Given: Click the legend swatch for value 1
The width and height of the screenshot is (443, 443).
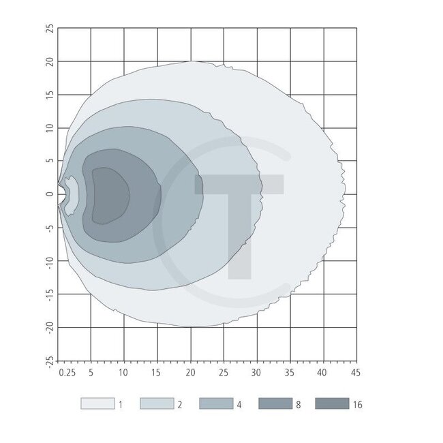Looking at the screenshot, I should [x=97, y=403].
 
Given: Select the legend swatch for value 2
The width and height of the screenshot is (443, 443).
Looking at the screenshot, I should [x=156, y=403].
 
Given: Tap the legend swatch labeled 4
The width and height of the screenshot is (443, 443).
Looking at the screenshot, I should [x=215, y=403].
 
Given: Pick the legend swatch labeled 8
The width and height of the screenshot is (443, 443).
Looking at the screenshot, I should [x=275, y=403].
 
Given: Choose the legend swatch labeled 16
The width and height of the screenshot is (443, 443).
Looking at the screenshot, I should [x=333, y=403].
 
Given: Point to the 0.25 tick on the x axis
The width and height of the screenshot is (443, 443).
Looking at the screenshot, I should [x=66, y=373].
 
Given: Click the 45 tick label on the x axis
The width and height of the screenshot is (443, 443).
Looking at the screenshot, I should [x=354, y=373].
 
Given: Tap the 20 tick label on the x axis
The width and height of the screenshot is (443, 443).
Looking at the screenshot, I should [x=190, y=373].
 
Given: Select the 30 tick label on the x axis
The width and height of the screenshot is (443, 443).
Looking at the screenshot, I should [x=256, y=373].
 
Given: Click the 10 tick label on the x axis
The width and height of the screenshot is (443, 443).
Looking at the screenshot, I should [x=123, y=373].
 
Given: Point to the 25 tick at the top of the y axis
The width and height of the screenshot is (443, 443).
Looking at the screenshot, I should [x=49, y=29].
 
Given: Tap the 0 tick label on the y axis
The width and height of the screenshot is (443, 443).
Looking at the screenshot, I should [x=49, y=194].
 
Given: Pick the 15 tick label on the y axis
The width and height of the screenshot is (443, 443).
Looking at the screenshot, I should [x=49, y=95].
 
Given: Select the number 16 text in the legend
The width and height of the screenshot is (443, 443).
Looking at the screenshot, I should [x=358, y=404].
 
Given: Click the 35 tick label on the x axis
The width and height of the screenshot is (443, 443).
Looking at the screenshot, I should [x=289, y=373].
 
